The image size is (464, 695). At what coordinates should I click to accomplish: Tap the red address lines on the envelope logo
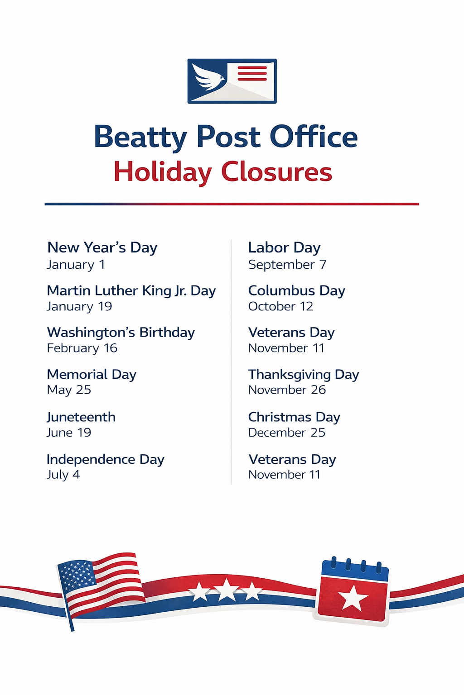tap(252, 74)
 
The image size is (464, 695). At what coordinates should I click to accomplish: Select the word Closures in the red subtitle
tap(276, 172)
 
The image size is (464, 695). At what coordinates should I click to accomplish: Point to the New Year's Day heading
tap(102, 248)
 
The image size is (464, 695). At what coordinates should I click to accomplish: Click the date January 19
tap(79, 306)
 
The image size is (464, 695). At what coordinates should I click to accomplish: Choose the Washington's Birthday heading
tap(121, 333)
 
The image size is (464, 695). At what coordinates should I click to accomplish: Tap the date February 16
tap(82, 348)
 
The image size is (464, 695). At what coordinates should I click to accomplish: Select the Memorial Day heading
tap(92, 375)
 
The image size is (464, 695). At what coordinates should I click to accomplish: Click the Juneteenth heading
tap(81, 417)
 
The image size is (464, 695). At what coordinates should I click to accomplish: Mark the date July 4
tap(63, 475)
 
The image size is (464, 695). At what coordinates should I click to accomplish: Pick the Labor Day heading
tap(284, 248)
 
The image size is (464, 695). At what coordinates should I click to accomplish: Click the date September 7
tap(287, 265)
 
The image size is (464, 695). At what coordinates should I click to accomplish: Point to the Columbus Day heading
tap(296, 291)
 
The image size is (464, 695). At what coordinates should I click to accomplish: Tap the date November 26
tap(287, 390)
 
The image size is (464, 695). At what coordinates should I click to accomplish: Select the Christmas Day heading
tap(294, 417)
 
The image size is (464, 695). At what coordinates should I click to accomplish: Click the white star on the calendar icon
tap(353, 598)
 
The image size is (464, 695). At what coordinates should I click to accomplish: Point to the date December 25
tap(286, 433)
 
